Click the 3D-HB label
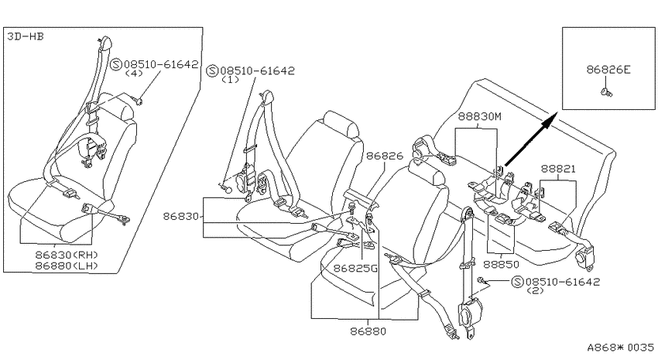26,36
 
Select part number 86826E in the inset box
608,70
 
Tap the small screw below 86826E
607,92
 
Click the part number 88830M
479,116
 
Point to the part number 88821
558,169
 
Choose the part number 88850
501,264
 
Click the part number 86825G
356,268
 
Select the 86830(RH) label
67,255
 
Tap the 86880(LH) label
67,266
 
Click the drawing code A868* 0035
620,348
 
